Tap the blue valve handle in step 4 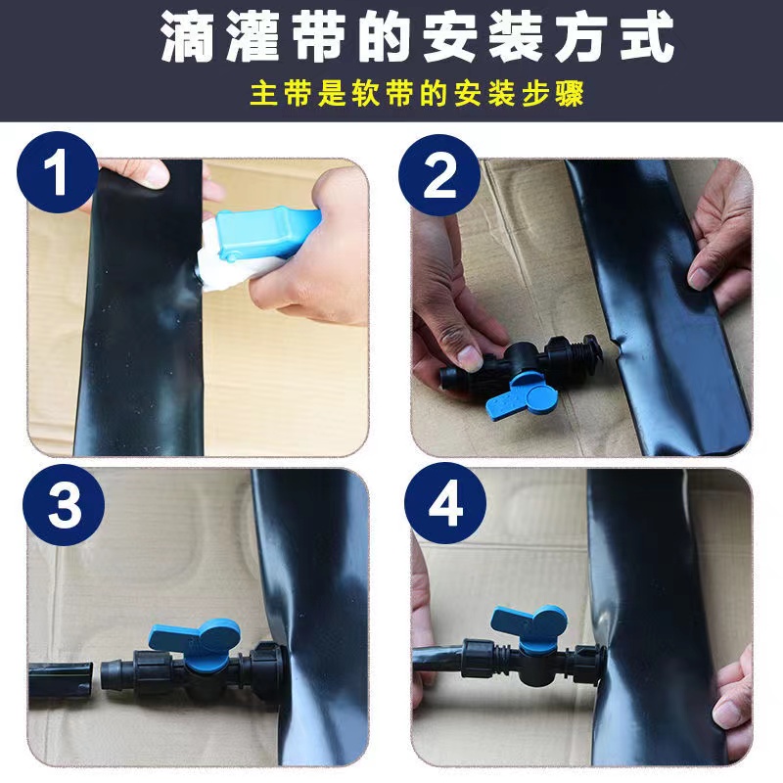tap(526, 624)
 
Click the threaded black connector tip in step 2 tap(587, 348)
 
